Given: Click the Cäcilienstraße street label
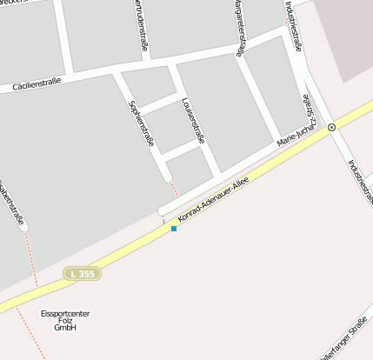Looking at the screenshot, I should (x=37, y=83).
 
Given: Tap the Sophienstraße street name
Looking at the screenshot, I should (x=142, y=123).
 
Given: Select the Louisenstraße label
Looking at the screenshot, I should (x=193, y=121).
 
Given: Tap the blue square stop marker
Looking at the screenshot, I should (x=174, y=229).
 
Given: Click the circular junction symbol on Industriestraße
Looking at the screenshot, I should (x=331, y=127).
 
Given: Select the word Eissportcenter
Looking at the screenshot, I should (x=65, y=313).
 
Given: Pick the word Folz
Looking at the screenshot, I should (x=65, y=321).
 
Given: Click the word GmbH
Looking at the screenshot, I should (x=65, y=329).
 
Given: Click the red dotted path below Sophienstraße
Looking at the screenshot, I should (x=174, y=190).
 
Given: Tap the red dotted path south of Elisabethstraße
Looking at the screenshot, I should (x=32, y=278).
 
